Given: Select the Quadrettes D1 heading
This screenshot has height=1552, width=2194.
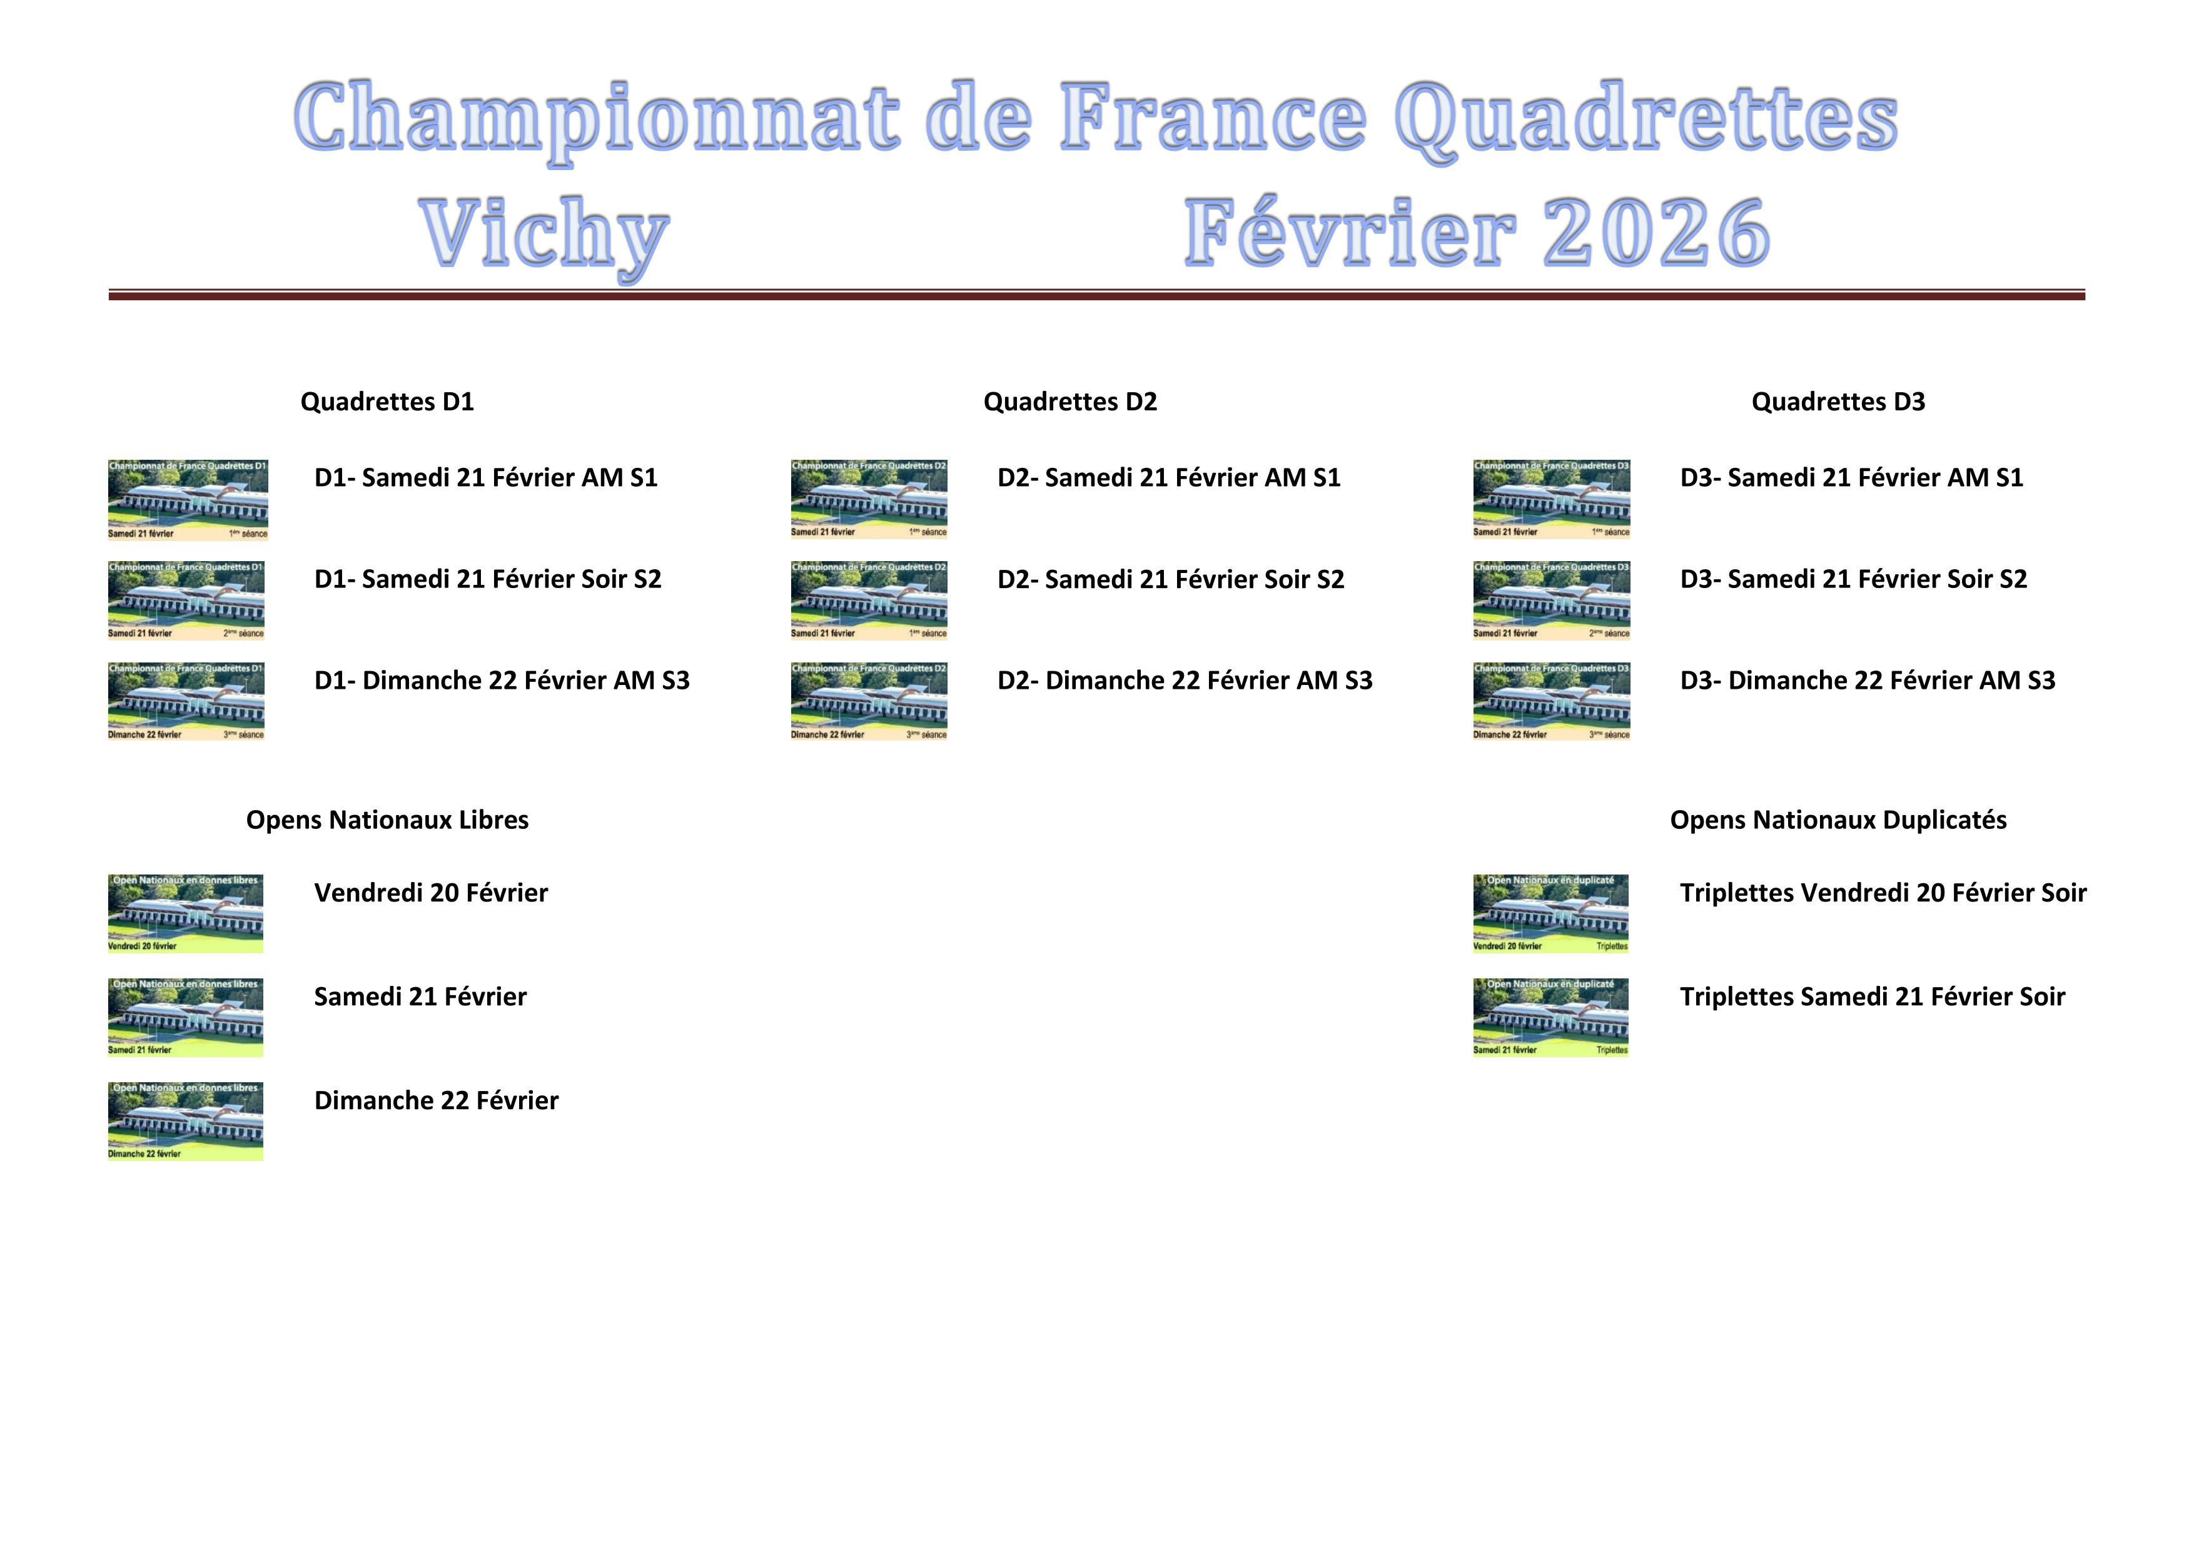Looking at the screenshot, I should click(387, 402).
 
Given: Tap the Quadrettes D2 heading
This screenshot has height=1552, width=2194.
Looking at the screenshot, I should click(1069, 402).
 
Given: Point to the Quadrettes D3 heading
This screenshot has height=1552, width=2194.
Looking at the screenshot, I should click(1838, 402).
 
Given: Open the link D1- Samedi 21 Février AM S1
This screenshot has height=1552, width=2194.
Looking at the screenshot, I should click(485, 478).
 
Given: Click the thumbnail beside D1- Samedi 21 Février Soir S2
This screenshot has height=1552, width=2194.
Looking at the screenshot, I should click(186, 600).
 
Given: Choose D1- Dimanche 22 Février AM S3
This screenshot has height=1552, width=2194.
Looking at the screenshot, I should click(502, 681).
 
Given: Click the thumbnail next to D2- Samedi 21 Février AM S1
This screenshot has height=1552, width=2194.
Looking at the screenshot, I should click(869, 499).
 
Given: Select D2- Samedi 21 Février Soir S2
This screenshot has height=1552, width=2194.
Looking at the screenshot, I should click(1171, 579).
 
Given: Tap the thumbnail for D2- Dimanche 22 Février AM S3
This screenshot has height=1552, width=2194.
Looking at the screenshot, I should click(869, 701).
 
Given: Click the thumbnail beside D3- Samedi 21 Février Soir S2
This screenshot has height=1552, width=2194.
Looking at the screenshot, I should click(1551, 600).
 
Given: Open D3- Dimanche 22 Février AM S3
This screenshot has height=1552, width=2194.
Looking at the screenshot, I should click(1867, 681).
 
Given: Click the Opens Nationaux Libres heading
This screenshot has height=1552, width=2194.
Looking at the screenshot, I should click(387, 820).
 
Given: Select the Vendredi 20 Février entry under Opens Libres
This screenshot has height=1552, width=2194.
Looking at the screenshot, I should click(431, 893).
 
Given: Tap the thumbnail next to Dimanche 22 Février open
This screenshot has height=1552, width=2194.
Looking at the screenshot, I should click(185, 1121).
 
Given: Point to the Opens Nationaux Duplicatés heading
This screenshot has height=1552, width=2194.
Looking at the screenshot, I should click(1838, 820).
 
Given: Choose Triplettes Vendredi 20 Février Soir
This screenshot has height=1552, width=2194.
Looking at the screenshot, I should click(1883, 893).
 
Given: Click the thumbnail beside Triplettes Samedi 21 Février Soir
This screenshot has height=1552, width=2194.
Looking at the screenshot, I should click(1550, 1017).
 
